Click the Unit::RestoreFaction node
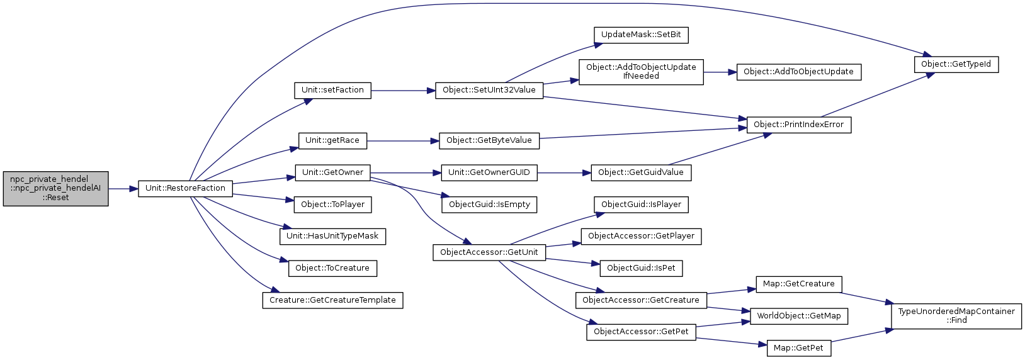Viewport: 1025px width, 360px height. point(185,188)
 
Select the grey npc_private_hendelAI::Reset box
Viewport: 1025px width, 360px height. point(55,188)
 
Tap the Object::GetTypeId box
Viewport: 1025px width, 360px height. point(956,64)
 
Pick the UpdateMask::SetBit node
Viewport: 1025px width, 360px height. point(641,35)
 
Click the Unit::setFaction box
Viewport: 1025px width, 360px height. point(332,90)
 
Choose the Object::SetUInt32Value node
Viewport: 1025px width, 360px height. point(489,90)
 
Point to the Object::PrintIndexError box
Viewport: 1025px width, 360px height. point(798,125)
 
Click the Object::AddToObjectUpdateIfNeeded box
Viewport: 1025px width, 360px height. point(641,72)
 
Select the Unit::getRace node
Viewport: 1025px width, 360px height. point(332,140)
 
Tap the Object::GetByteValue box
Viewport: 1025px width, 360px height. point(489,140)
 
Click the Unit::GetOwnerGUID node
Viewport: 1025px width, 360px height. point(489,172)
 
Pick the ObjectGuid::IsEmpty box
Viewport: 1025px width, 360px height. point(489,205)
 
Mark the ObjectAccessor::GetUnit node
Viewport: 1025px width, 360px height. point(489,252)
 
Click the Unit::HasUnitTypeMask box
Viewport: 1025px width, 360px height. point(332,236)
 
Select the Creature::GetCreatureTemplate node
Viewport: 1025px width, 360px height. point(332,300)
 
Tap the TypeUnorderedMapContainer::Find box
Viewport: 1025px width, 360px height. point(956,315)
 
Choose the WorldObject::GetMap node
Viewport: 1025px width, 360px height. point(798,316)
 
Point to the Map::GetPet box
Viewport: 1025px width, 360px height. point(798,348)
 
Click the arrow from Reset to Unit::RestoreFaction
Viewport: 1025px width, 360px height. point(123,188)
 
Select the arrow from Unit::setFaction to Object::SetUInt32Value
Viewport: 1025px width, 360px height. point(403,91)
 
